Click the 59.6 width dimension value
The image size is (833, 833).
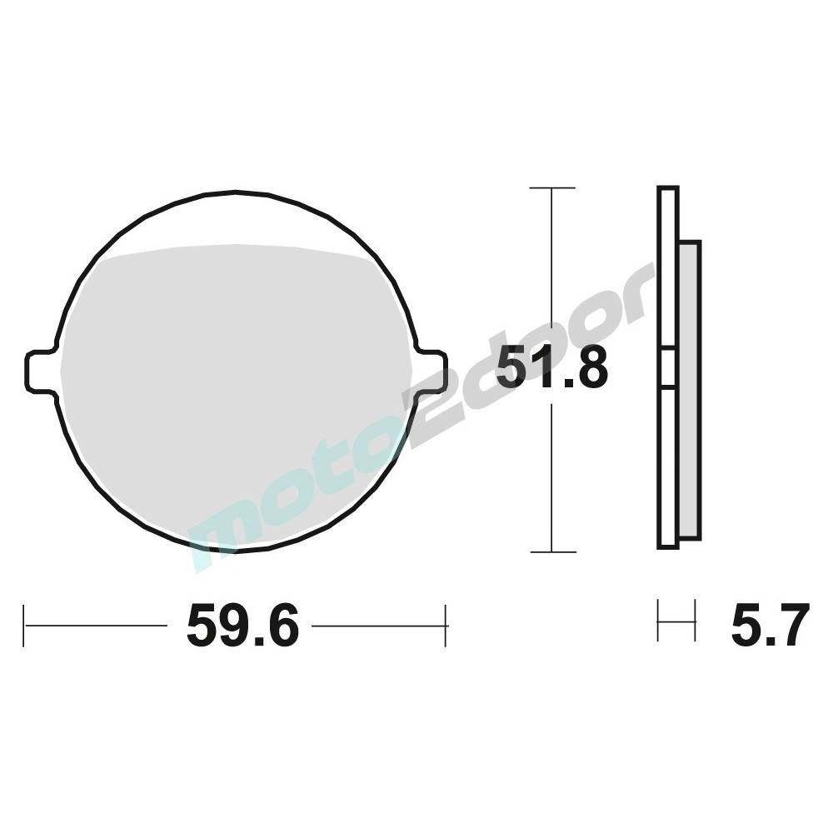pyautogui.click(x=242, y=626)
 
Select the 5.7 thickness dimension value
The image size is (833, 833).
pyautogui.click(x=770, y=626)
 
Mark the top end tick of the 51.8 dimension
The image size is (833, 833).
pyautogui.click(x=552, y=188)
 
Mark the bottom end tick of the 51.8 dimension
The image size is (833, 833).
pyautogui.click(x=552, y=551)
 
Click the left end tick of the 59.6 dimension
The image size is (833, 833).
pyautogui.click(x=24, y=626)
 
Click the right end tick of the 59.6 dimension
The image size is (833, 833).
pyautogui.click(x=447, y=626)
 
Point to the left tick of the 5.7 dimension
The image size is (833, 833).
pyautogui.click(x=658, y=621)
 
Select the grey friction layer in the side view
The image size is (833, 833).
pyautogui.click(x=691, y=392)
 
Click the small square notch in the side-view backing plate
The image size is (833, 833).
pyautogui.click(x=667, y=367)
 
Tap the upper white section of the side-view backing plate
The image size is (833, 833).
pyautogui.click(x=667, y=267)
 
